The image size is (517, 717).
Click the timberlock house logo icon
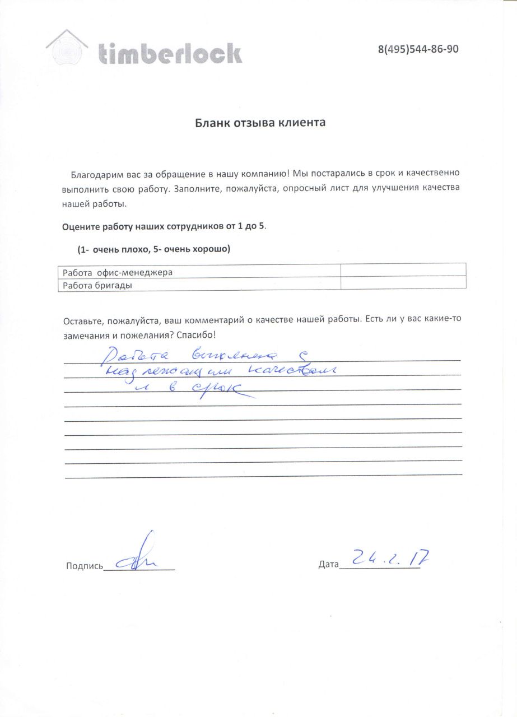[x=67, y=48]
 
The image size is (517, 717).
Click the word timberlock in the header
[x=170, y=53]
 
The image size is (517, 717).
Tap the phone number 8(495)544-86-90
[x=418, y=49]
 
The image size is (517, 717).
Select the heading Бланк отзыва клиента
[x=260, y=122]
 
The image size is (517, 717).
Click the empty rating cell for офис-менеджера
[x=403, y=270]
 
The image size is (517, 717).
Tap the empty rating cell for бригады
[x=403, y=283]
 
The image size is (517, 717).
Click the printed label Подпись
[x=84, y=566]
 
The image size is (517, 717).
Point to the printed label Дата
[x=328, y=564]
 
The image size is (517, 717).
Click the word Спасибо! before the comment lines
[x=195, y=335]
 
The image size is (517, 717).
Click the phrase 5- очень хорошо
[x=187, y=249]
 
